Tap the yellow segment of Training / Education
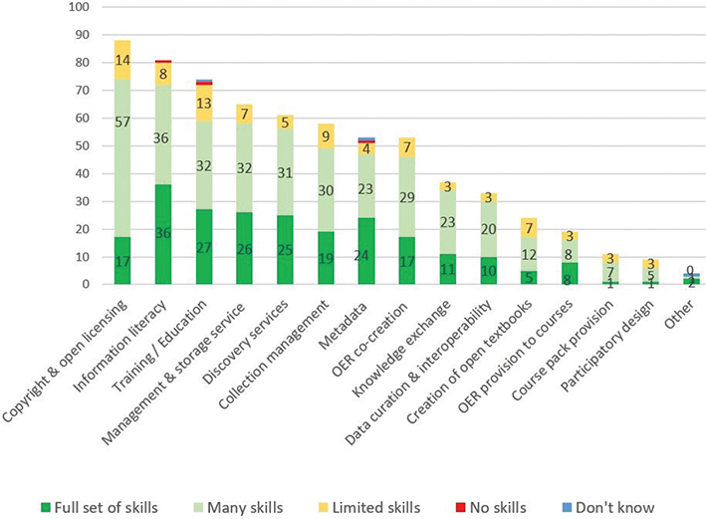click(x=204, y=103)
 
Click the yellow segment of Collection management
click(x=326, y=136)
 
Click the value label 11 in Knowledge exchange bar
click(x=448, y=269)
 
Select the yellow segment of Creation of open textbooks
click(x=530, y=228)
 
